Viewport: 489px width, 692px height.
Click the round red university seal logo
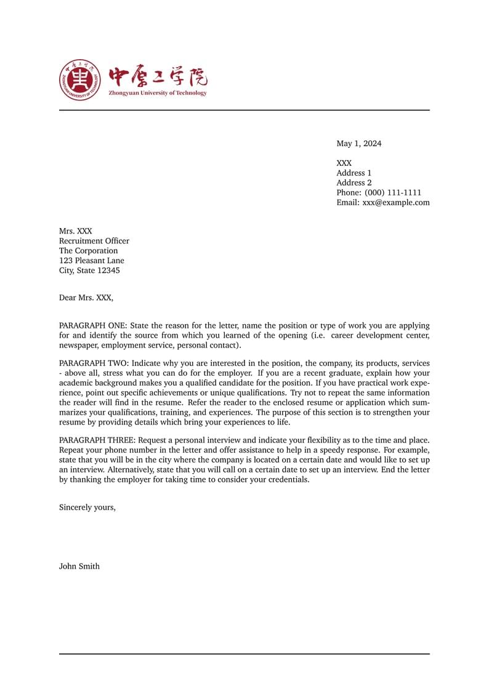pos(79,80)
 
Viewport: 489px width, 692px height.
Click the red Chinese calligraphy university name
pos(158,77)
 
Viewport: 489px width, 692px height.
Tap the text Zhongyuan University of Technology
pos(158,93)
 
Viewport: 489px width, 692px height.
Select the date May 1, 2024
pos(358,144)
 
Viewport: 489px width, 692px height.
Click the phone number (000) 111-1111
pos(393,193)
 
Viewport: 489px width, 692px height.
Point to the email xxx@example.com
pos(396,203)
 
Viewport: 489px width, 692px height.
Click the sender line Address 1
pos(354,173)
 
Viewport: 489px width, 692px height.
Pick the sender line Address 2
pos(354,183)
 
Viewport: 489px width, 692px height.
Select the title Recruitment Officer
pos(94,241)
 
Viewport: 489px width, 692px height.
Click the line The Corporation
pos(88,251)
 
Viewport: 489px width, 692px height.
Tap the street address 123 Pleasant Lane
pos(91,261)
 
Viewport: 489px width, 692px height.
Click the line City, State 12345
pos(89,271)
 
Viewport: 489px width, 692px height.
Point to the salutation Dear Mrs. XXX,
pos(86,298)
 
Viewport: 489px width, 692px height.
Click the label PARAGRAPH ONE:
pos(93,325)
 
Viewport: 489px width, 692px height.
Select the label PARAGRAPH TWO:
pos(94,364)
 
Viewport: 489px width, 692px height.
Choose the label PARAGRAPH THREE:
pos(97,441)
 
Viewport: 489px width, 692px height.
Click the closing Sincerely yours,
pos(87,508)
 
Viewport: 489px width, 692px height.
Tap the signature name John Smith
pos(79,566)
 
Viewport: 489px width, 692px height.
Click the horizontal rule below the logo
pos(244,110)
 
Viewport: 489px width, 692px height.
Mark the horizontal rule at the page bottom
pos(244,654)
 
